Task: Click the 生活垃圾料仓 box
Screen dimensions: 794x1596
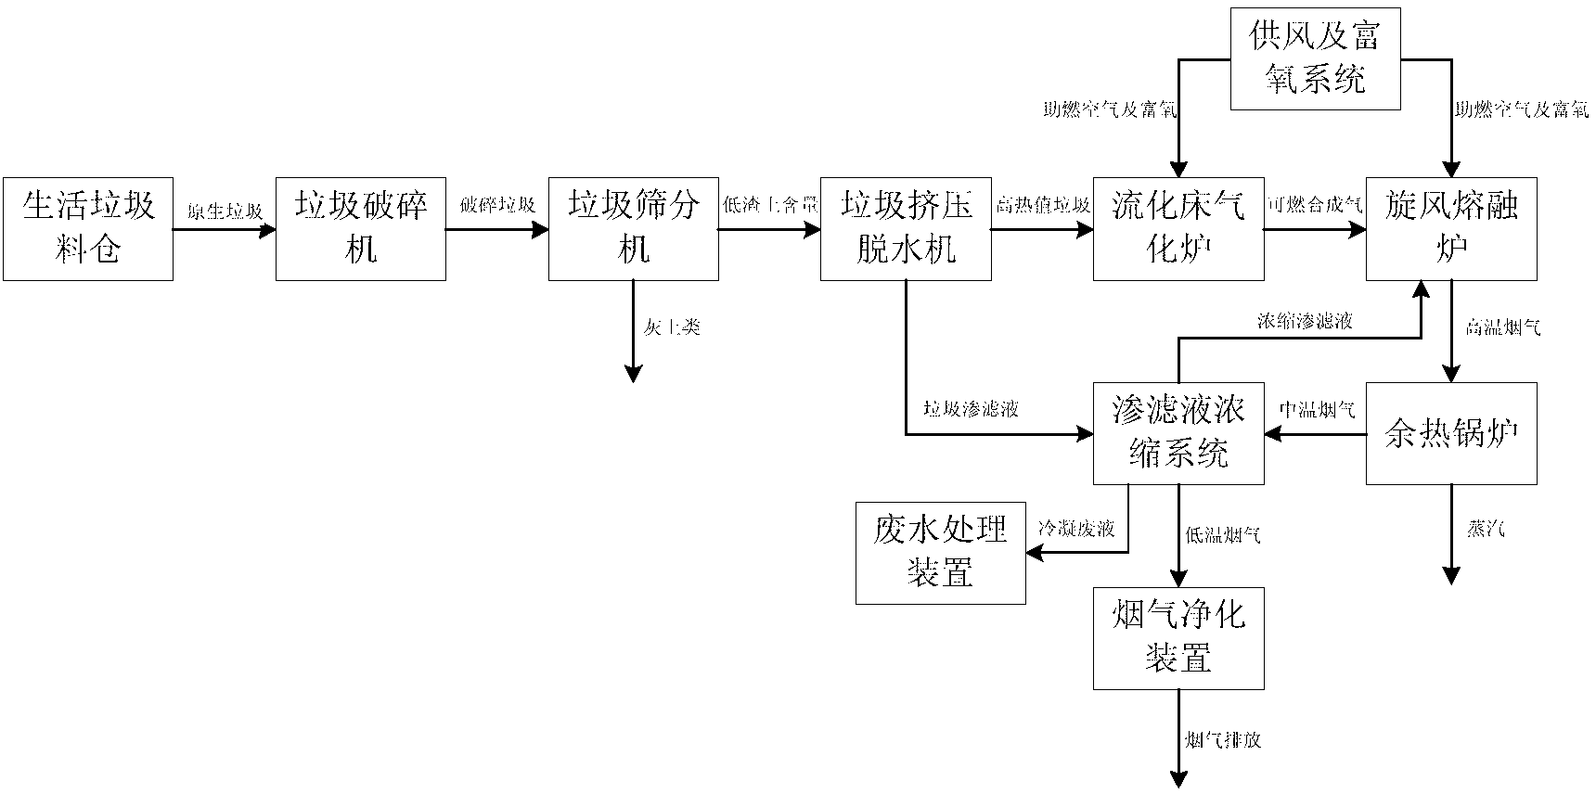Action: pos(88,228)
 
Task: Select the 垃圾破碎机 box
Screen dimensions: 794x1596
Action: pos(361,228)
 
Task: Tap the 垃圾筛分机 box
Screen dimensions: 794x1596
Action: pos(634,228)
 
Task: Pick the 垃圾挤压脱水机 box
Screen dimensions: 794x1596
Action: pos(906,228)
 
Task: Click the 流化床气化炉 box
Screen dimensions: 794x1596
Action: pos(1178,228)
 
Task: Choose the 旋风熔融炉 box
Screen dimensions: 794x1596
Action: pos(1451,228)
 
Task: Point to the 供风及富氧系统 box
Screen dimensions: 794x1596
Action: pos(1315,58)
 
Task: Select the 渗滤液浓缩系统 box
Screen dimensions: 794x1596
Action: pos(1178,432)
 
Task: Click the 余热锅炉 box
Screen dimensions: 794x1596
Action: pos(1451,432)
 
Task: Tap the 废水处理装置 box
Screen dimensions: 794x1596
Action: pos(940,552)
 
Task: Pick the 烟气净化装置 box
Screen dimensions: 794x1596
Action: pos(1178,637)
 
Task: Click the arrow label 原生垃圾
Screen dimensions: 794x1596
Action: pos(225,211)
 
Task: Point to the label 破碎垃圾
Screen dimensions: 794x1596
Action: pos(497,206)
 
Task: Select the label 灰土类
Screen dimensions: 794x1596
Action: pos(672,327)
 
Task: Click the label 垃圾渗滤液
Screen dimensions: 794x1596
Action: pos(971,408)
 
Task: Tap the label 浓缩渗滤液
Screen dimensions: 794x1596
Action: pos(1305,321)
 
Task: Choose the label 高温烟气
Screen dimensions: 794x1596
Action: pos(1503,327)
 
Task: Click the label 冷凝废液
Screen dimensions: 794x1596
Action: pos(1076,530)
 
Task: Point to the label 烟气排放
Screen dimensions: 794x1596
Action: pos(1223,740)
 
